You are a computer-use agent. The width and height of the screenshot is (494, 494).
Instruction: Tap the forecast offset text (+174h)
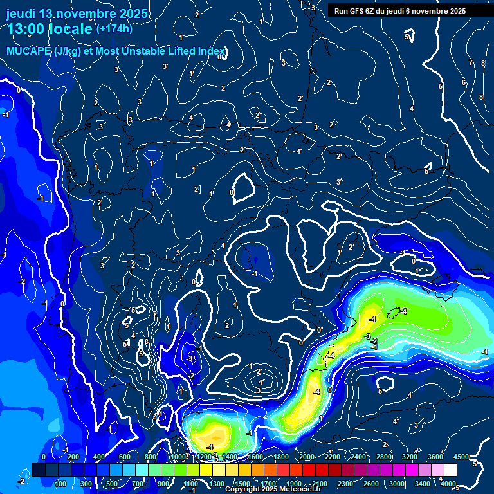[x=114, y=28]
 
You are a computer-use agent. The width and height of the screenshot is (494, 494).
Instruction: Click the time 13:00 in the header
[x=26, y=30]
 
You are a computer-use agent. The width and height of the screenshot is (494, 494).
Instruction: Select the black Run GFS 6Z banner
[x=399, y=10]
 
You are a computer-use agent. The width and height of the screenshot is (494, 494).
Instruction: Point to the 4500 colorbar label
[x=461, y=456]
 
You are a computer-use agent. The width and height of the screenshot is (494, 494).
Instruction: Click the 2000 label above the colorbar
[x=307, y=456]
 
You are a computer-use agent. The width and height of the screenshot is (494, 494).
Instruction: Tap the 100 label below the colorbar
[x=61, y=484]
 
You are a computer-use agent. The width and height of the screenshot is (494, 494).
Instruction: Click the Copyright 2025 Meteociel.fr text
[x=272, y=489]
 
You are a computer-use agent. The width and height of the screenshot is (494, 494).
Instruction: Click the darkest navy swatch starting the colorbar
[x=39, y=470]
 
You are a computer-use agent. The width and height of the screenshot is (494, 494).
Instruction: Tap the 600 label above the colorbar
[x=125, y=456]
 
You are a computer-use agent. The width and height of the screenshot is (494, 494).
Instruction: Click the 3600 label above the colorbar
[x=435, y=456]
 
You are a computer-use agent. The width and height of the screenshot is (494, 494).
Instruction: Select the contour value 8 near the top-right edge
[x=480, y=97]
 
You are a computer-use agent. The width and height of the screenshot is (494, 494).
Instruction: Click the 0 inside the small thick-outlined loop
[x=232, y=192]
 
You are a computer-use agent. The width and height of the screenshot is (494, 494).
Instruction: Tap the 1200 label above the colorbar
[x=203, y=456]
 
